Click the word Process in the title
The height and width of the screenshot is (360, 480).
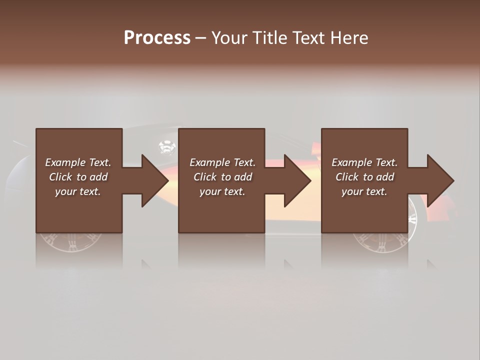pyautogui.click(x=157, y=37)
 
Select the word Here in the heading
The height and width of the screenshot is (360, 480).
pyautogui.click(x=348, y=38)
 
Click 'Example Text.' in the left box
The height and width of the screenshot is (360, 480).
pyautogui.click(x=78, y=162)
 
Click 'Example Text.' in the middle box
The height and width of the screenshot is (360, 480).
pyautogui.click(x=222, y=162)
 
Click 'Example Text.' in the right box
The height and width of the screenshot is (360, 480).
pyautogui.click(x=364, y=162)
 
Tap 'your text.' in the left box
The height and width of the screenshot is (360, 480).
pyautogui.click(x=78, y=191)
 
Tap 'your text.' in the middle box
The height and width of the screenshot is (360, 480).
pyautogui.click(x=222, y=191)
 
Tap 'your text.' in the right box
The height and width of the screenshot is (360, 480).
pyautogui.click(x=364, y=191)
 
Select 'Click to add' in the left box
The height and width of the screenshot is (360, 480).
pyautogui.click(x=78, y=177)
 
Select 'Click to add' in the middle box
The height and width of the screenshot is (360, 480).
pyautogui.click(x=222, y=177)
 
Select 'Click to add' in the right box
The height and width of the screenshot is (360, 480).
pyautogui.click(x=364, y=177)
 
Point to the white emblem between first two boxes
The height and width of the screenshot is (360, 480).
pyautogui.click(x=166, y=147)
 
